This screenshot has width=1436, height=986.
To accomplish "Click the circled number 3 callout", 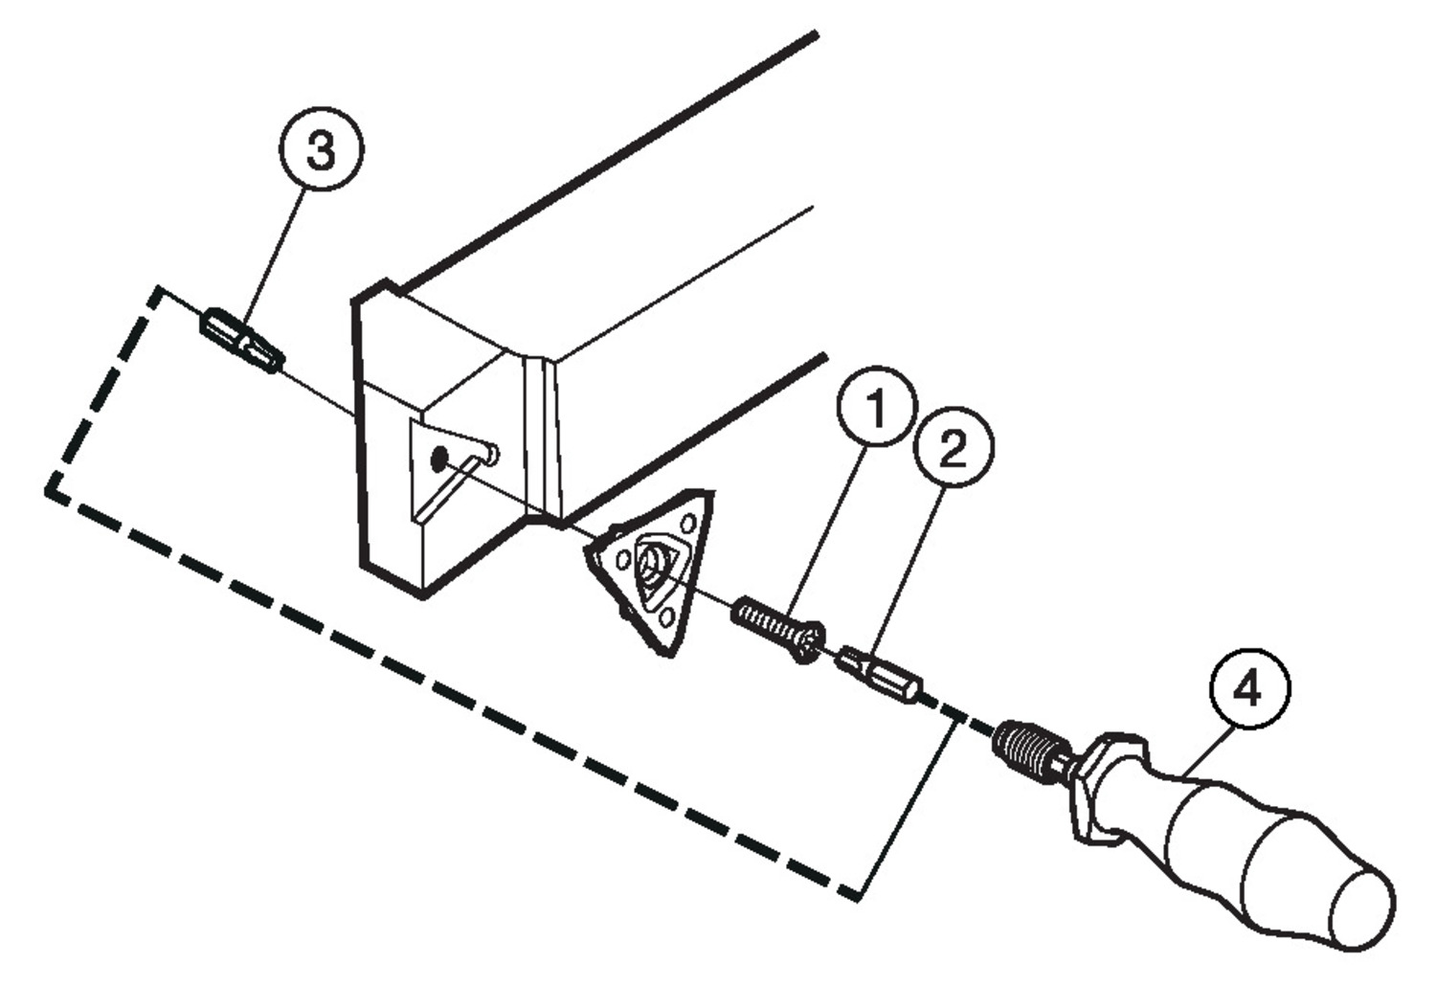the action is pos(321,149).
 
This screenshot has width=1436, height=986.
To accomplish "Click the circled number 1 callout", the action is pos(877,407).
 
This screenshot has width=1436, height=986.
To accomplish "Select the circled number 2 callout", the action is pos(954,447).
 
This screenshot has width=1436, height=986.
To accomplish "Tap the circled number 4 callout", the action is pos(1250,688).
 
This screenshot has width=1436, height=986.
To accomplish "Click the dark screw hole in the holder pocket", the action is pos(439,459).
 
